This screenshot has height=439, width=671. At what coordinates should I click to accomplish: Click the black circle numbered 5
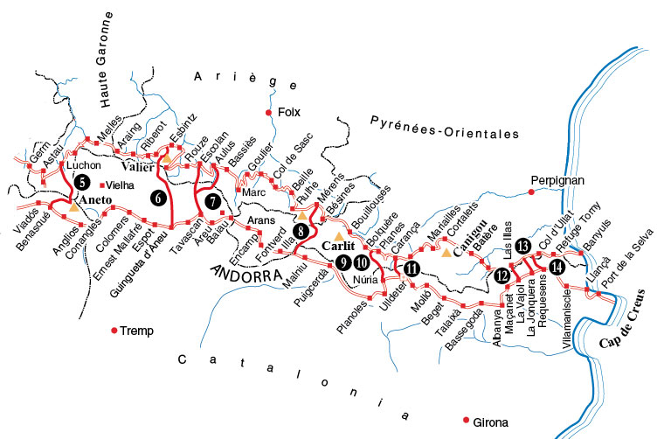pos(81,183)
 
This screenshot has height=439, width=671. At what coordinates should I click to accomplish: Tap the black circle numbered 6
pos(158,199)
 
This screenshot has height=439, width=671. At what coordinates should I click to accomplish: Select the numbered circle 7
pos(211,201)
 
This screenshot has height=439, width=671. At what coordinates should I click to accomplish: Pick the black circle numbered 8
pos(301,232)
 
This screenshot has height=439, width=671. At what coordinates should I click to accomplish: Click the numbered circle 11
pos(412,268)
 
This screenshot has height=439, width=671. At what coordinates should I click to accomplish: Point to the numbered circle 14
pos(557,266)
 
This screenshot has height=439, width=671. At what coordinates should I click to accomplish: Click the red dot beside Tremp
pos(114,330)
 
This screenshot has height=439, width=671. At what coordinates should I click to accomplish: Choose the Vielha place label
pos(121,185)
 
